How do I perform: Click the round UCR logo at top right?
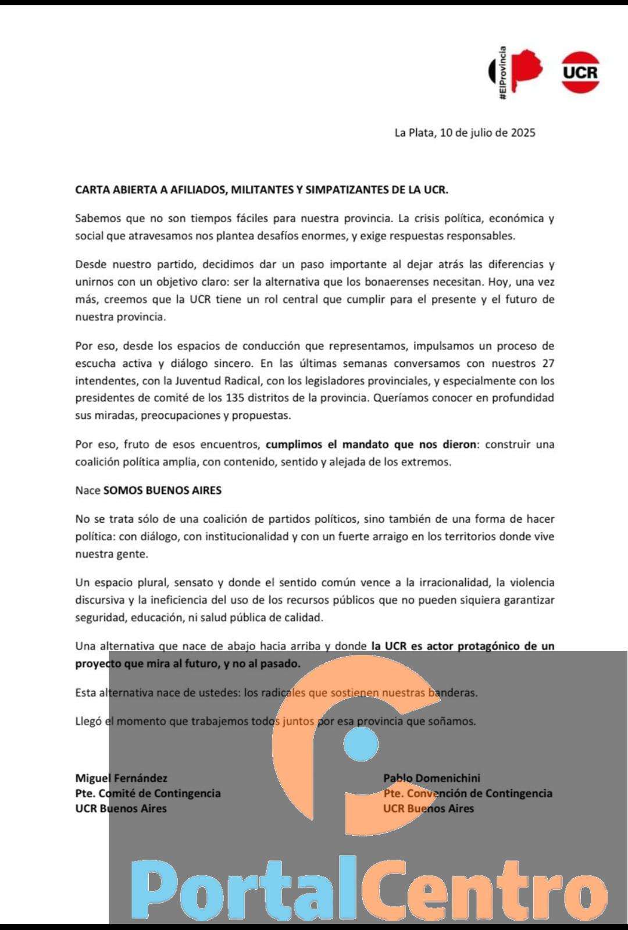pos(580,72)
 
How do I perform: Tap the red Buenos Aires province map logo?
pos(528,69)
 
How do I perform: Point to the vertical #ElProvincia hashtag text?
pos(503,72)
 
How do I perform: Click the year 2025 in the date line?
pos(523,133)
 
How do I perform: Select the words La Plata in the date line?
pos(414,133)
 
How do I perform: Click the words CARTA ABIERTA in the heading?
pos(117,190)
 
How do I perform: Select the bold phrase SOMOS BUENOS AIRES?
pos(162,490)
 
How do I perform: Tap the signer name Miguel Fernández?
pos(121,778)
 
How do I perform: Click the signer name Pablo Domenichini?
pos(431,778)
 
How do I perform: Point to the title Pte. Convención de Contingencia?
pos(468,793)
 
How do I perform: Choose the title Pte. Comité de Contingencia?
pos(148,793)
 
